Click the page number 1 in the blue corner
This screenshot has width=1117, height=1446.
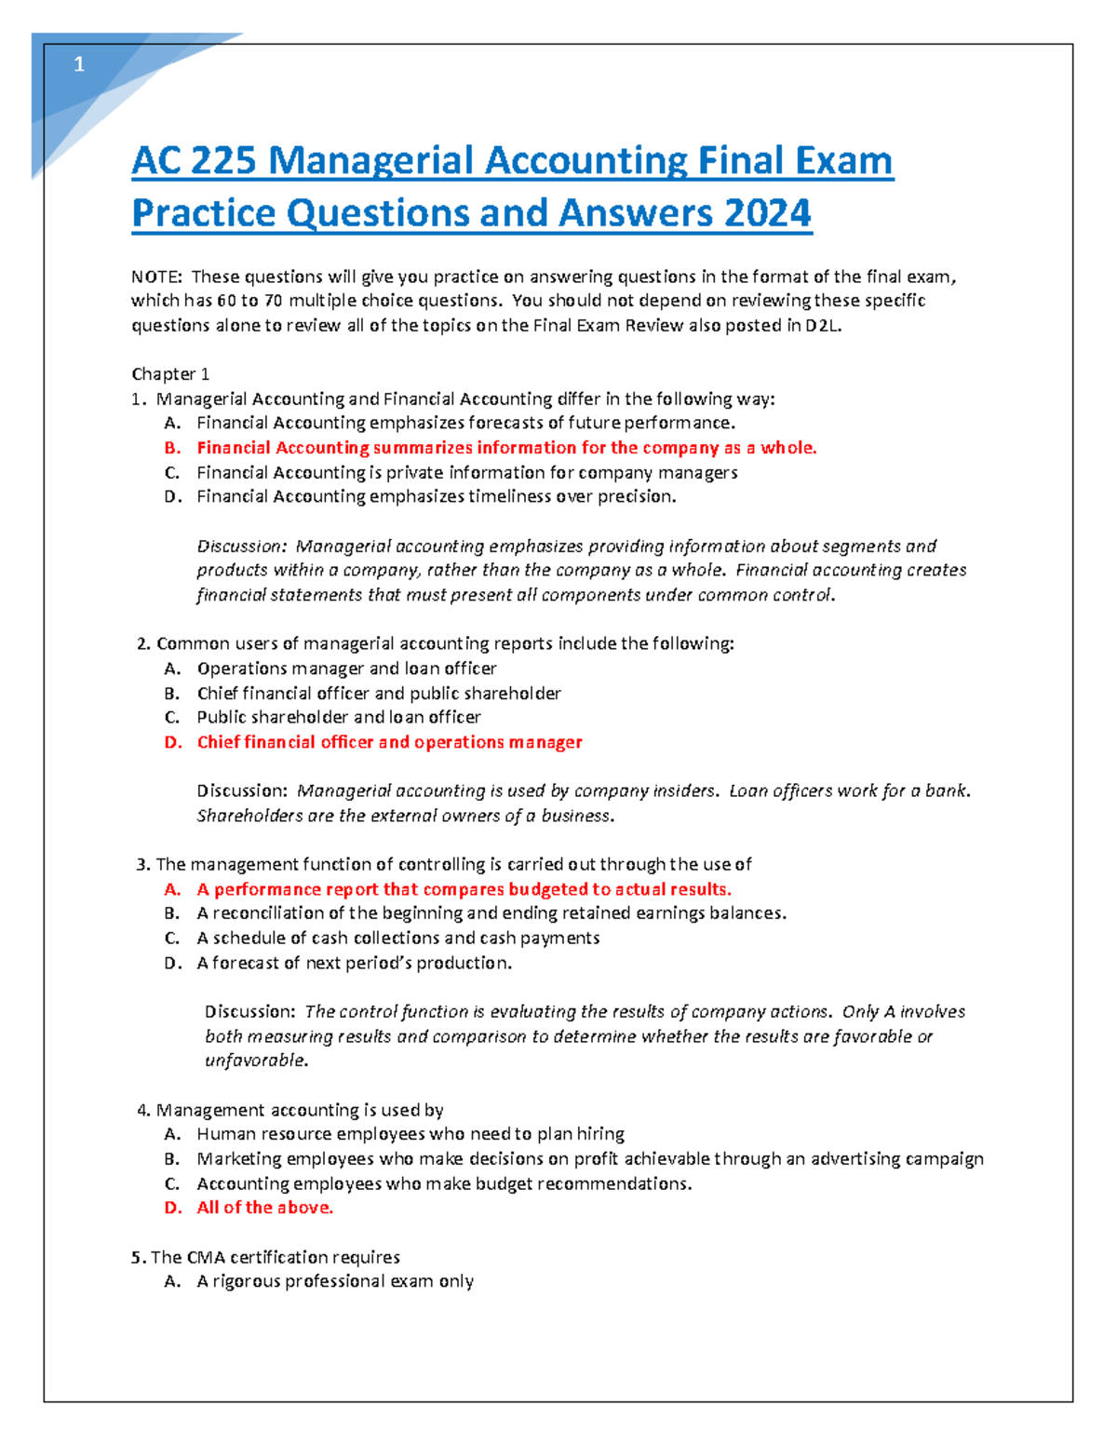(x=79, y=64)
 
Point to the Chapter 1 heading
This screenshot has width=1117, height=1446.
(x=170, y=374)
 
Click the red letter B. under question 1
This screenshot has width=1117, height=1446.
(x=172, y=448)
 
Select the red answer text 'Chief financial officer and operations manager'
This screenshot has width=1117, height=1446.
(x=389, y=742)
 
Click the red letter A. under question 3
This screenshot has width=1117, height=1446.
(x=172, y=889)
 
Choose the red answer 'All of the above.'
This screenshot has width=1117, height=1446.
(x=264, y=1208)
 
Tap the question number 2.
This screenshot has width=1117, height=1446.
(x=142, y=643)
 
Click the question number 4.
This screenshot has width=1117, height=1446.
(x=142, y=1110)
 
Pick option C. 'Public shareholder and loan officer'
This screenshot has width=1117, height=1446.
(x=338, y=717)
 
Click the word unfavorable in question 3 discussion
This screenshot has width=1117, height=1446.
(x=254, y=1061)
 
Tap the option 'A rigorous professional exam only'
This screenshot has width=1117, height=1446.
(x=335, y=1281)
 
